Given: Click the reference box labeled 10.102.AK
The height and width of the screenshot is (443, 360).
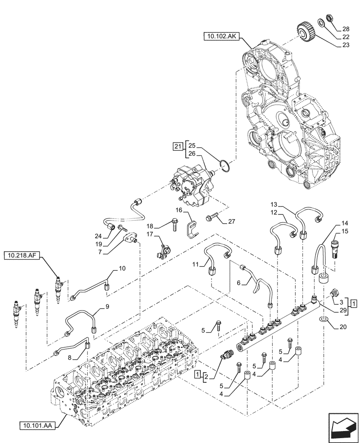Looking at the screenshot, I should [x=221, y=36].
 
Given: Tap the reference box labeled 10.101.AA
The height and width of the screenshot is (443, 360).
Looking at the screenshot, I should [x=37, y=426].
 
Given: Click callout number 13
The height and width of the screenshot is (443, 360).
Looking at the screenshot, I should [x=274, y=205].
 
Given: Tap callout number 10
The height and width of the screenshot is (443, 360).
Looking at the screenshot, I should [x=121, y=268].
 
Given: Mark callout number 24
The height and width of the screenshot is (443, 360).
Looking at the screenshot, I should [x=98, y=236].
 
